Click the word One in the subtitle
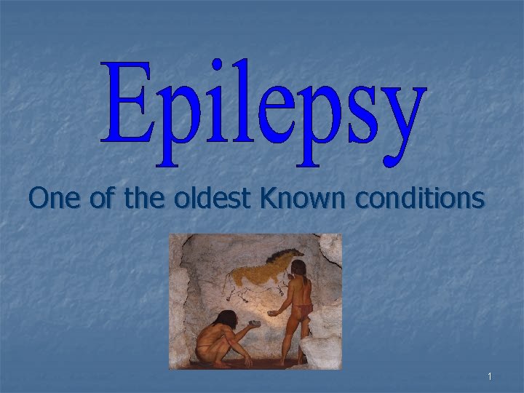[x=56, y=197]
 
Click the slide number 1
[x=490, y=376]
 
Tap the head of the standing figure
[x=298, y=269]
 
